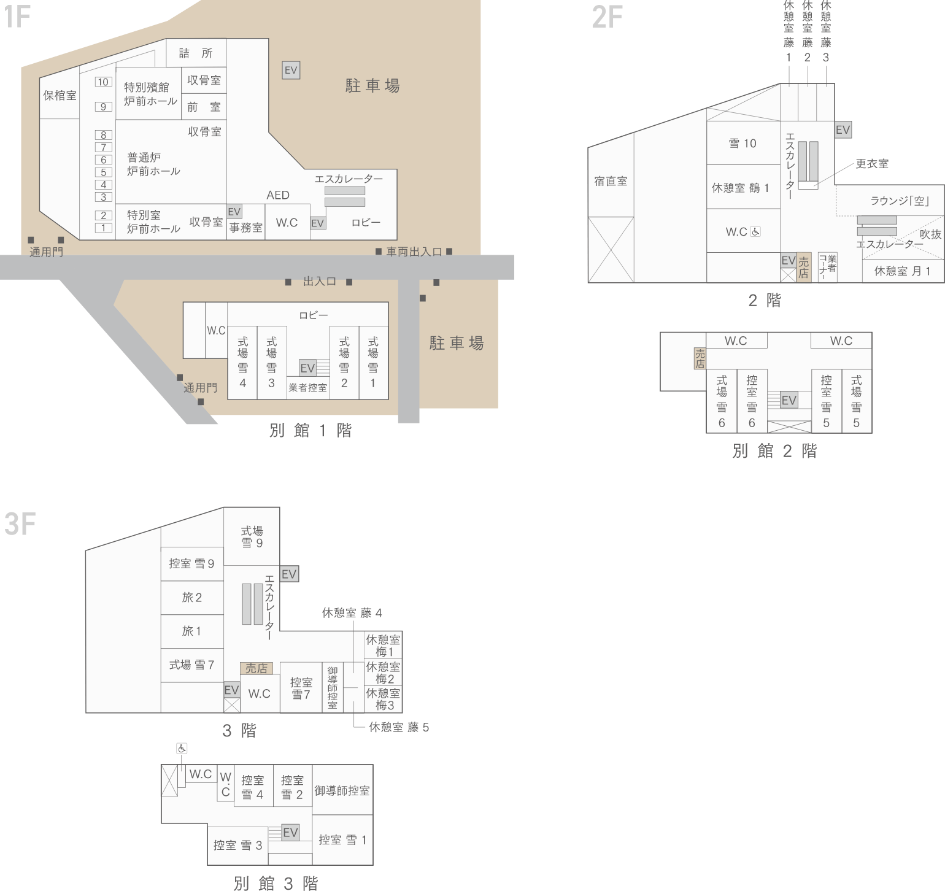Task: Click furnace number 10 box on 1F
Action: [103, 82]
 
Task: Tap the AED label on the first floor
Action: [277, 195]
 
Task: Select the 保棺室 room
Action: [60, 96]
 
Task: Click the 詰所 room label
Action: [196, 53]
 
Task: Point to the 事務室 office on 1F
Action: [245, 228]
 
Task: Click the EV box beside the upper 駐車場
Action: [290, 71]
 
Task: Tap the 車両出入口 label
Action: [414, 252]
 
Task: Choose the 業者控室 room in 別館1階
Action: [307, 388]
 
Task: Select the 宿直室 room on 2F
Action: [611, 181]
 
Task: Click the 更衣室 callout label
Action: [872, 164]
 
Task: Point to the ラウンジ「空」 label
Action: [900, 201]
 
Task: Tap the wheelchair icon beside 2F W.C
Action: [756, 232]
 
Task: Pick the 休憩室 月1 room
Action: [902, 271]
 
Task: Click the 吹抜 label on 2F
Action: [930, 234]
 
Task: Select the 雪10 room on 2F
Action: [742, 144]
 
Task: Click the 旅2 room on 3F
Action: [191, 597]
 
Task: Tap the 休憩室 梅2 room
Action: [383, 673]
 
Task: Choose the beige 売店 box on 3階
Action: [256, 669]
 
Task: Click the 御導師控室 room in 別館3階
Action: [342, 790]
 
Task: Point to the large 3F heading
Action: [20, 525]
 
